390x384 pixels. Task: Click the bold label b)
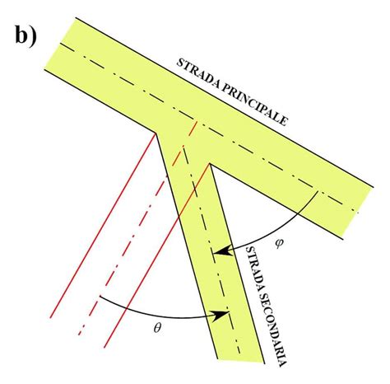tap(26, 36)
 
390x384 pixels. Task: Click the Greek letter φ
tap(278, 243)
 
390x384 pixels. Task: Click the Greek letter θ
tap(157, 328)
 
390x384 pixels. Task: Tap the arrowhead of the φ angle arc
tap(223, 251)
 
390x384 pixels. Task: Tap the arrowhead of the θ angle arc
tap(221, 315)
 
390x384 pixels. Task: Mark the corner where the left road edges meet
tap(156, 133)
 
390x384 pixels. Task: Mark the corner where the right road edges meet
tap(210, 164)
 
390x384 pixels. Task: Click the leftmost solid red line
tap(103, 226)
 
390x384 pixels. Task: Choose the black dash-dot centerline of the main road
tap(209, 128)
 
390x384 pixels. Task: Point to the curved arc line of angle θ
tap(162, 316)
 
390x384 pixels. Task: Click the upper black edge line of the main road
tap(225, 102)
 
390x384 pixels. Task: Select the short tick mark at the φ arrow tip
tap(213, 254)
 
